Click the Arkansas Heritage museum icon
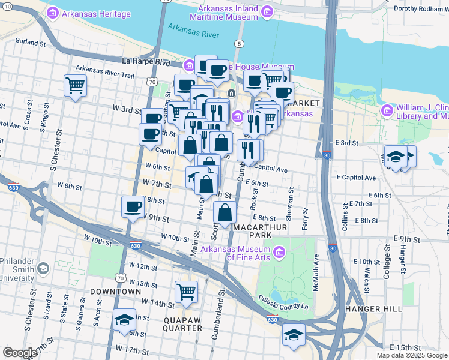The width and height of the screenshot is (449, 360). tap(53, 13)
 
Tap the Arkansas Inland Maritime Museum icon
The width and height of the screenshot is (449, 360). tap(267, 11)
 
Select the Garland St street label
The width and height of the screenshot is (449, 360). tap(31, 43)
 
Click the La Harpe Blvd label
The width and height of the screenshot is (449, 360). tap(146, 61)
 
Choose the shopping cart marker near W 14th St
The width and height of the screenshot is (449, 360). tap(187, 292)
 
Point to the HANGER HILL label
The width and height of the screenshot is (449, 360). tap(374, 308)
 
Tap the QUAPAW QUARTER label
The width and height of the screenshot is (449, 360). tap(182, 324)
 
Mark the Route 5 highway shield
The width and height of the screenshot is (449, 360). tap(240, 44)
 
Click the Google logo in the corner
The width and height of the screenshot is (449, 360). tap(20, 352)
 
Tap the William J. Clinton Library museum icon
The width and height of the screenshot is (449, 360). tap(387, 110)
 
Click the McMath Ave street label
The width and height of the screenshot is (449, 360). tap(316, 272)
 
